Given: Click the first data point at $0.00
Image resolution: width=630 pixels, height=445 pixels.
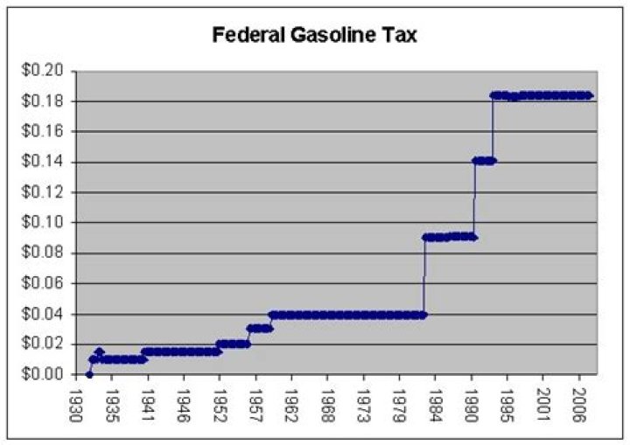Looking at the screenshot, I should tap(89, 374).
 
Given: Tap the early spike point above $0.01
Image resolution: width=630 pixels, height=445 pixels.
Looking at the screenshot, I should tap(99, 351).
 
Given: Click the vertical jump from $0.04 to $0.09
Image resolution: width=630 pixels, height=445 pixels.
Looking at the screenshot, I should tap(424, 275).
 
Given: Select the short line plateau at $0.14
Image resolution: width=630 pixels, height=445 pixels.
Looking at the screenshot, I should tap(484, 161).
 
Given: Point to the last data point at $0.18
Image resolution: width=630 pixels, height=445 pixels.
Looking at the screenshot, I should tap(590, 95).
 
